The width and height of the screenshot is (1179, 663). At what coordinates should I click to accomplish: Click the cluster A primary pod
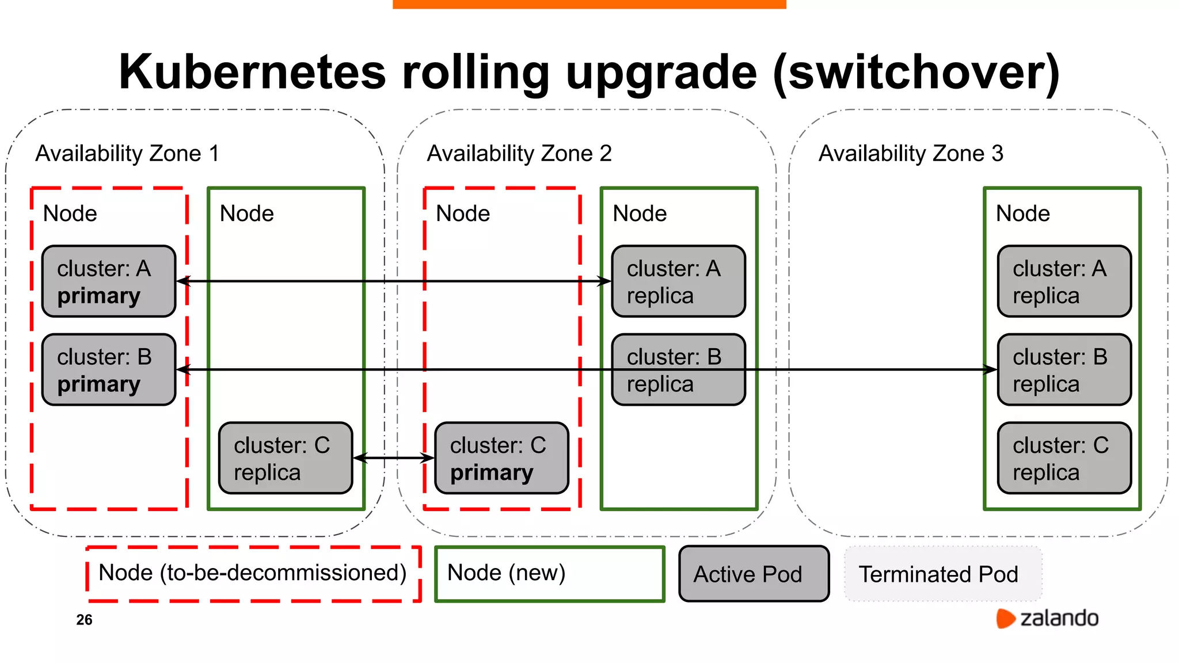point(109,281)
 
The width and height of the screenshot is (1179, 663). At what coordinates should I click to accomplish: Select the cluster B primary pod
point(109,369)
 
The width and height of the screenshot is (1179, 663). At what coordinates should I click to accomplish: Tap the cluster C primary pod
point(501,458)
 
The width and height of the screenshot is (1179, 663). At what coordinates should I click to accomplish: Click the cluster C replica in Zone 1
point(286,458)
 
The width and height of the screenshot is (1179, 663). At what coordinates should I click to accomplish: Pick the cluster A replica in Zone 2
point(678,281)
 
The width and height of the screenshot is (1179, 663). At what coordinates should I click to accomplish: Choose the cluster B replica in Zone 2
point(678,369)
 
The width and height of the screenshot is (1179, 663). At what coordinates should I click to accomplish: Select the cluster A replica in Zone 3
point(1064,281)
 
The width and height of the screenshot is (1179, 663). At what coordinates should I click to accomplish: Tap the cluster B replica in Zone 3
point(1064,369)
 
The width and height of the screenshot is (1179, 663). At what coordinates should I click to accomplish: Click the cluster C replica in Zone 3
point(1064,458)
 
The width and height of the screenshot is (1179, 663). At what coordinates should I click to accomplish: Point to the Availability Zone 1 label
point(127,154)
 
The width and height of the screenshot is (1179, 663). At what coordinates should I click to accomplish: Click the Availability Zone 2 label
point(519,154)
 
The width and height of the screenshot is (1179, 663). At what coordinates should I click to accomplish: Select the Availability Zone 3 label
point(911,154)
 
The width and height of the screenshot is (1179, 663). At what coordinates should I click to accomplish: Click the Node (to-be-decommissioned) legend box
point(253,574)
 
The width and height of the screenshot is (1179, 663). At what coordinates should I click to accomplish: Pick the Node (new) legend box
point(549,574)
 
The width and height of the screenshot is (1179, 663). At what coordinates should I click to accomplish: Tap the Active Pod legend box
point(754,574)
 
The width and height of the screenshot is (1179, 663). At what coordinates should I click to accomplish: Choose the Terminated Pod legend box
point(943,574)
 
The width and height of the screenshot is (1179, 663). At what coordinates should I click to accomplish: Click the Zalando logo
point(1047,618)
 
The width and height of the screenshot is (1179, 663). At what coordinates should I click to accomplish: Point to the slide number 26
point(84,620)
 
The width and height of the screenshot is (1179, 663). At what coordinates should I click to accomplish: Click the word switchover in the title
point(915,73)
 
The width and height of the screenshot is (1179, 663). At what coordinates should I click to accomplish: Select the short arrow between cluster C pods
point(393,458)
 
